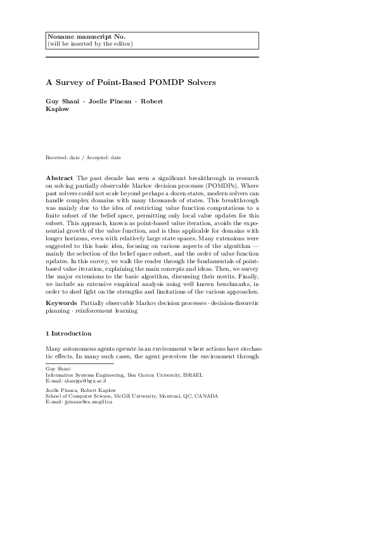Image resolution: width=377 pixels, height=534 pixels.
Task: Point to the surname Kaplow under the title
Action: [58, 108]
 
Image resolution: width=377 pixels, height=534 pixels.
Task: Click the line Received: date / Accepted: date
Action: [84, 157]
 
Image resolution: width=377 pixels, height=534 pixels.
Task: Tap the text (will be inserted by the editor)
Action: [90, 44]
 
